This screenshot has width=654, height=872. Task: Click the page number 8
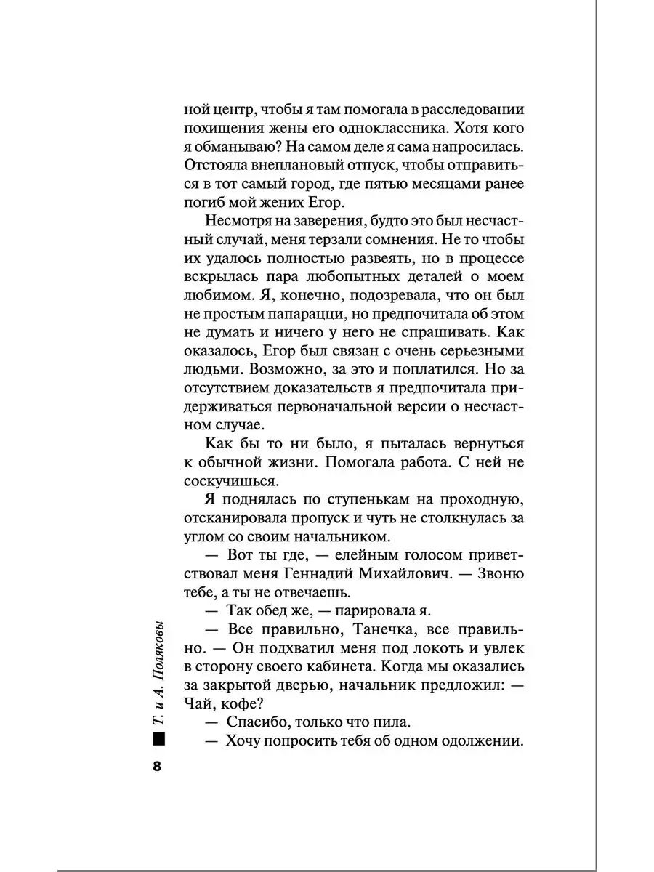(157, 768)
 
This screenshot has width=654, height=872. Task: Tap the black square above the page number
(157, 740)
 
